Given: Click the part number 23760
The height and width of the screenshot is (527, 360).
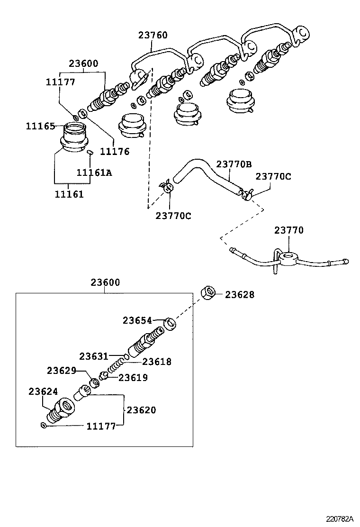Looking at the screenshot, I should (153, 36).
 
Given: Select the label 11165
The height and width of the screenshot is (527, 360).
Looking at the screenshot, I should (40, 126).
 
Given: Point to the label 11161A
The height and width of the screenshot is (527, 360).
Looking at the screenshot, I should (95, 173).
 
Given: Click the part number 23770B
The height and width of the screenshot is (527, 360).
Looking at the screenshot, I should (234, 164).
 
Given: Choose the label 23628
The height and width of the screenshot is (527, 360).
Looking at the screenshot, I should (239, 295).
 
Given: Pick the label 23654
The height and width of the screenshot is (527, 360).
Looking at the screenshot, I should (137, 320).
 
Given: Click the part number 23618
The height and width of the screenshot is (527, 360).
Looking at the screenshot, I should (157, 362).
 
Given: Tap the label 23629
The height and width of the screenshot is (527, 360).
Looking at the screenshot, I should (61, 370).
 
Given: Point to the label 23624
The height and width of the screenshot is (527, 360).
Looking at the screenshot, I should (43, 391).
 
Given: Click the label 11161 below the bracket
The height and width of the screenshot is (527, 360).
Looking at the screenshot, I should (69, 194).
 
